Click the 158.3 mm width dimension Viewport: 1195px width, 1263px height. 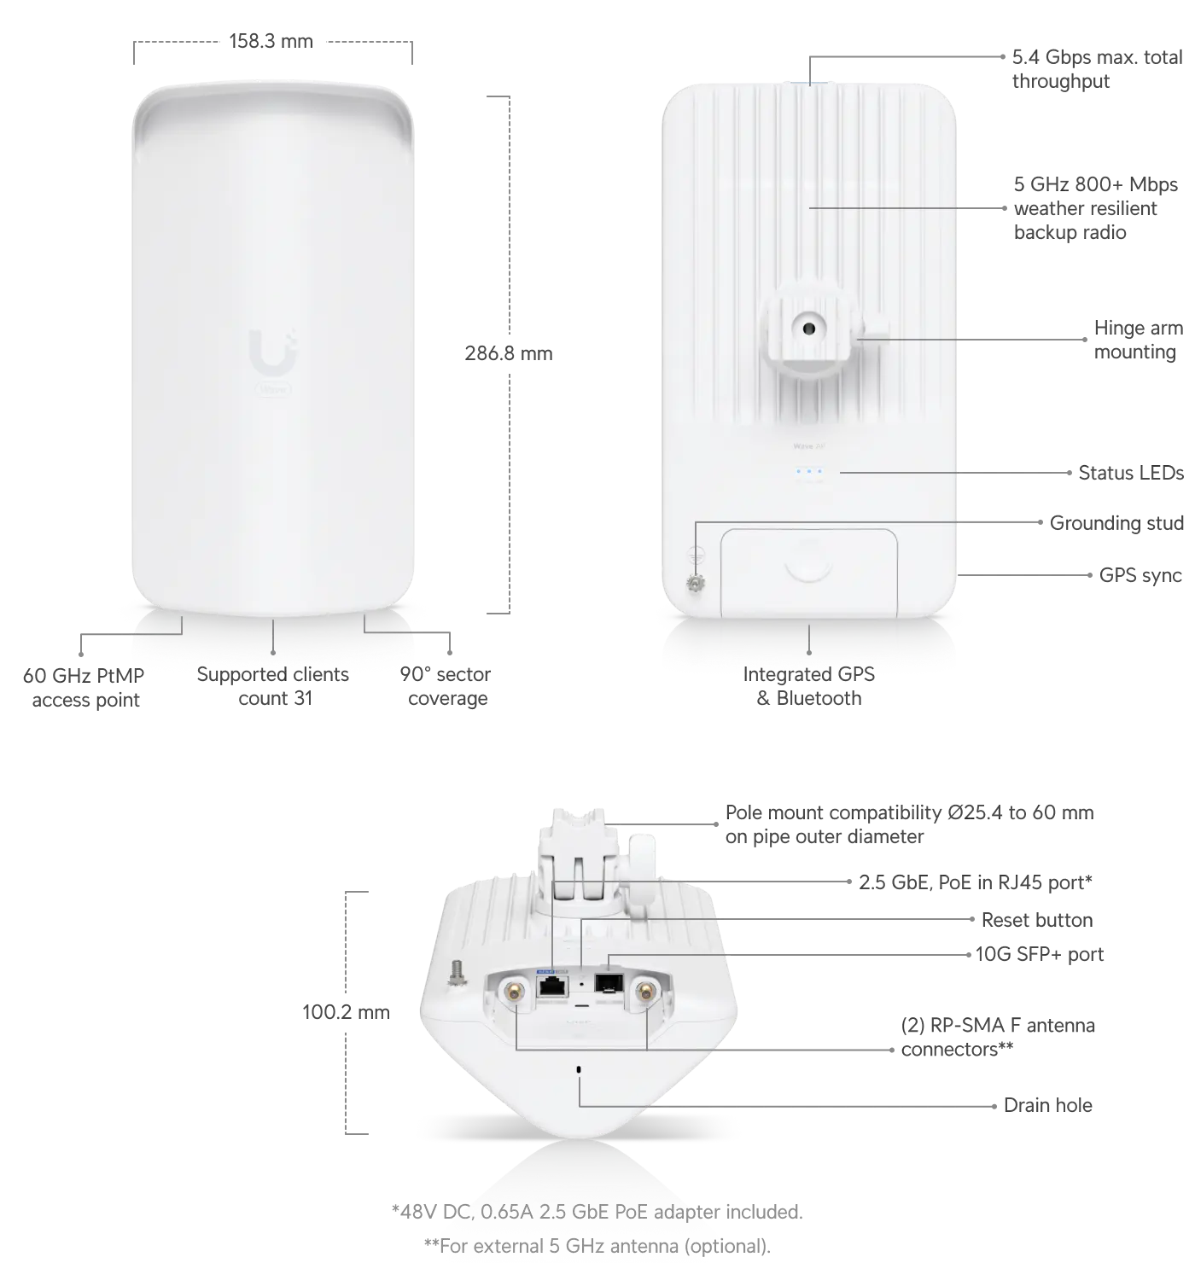click(x=271, y=41)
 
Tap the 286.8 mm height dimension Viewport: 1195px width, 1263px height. click(x=508, y=353)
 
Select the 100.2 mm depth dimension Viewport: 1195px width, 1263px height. click(x=346, y=1012)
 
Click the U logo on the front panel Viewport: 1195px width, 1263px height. click(x=273, y=352)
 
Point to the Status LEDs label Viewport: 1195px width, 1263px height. click(x=1130, y=473)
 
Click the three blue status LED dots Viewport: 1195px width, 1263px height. click(x=808, y=472)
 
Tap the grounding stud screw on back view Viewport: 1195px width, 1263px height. click(x=696, y=584)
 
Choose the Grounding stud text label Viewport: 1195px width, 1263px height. click(x=1116, y=523)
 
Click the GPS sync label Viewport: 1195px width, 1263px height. click(x=1140, y=575)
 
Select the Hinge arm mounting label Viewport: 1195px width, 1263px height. click(x=1138, y=340)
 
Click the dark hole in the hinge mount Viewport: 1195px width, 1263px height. click(x=808, y=329)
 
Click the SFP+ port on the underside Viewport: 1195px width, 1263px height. click(x=608, y=983)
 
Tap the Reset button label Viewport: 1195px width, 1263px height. click(x=1036, y=920)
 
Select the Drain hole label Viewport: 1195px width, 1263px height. click(x=1047, y=1105)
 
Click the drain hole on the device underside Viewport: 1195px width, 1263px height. click(x=579, y=1069)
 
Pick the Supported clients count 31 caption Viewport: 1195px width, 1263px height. click(x=273, y=686)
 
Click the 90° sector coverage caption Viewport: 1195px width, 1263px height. click(x=446, y=686)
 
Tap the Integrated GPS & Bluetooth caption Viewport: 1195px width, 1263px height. click(x=808, y=686)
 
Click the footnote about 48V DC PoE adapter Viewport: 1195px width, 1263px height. click(x=597, y=1212)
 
